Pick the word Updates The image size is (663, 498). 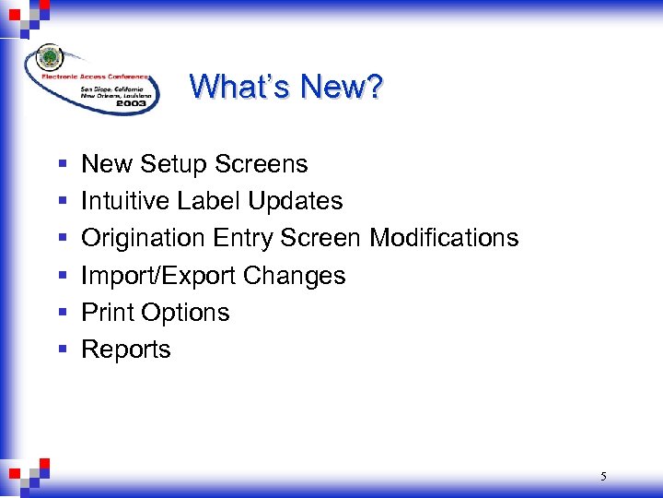(x=299, y=202)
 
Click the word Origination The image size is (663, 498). (x=144, y=239)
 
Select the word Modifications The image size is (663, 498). (x=444, y=238)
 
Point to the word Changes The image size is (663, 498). (x=300, y=276)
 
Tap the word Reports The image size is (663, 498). (x=126, y=350)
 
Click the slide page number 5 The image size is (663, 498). (x=603, y=477)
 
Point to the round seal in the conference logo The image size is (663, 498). (x=50, y=58)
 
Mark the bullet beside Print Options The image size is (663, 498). (x=62, y=313)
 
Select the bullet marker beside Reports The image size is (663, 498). (x=62, y=350)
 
